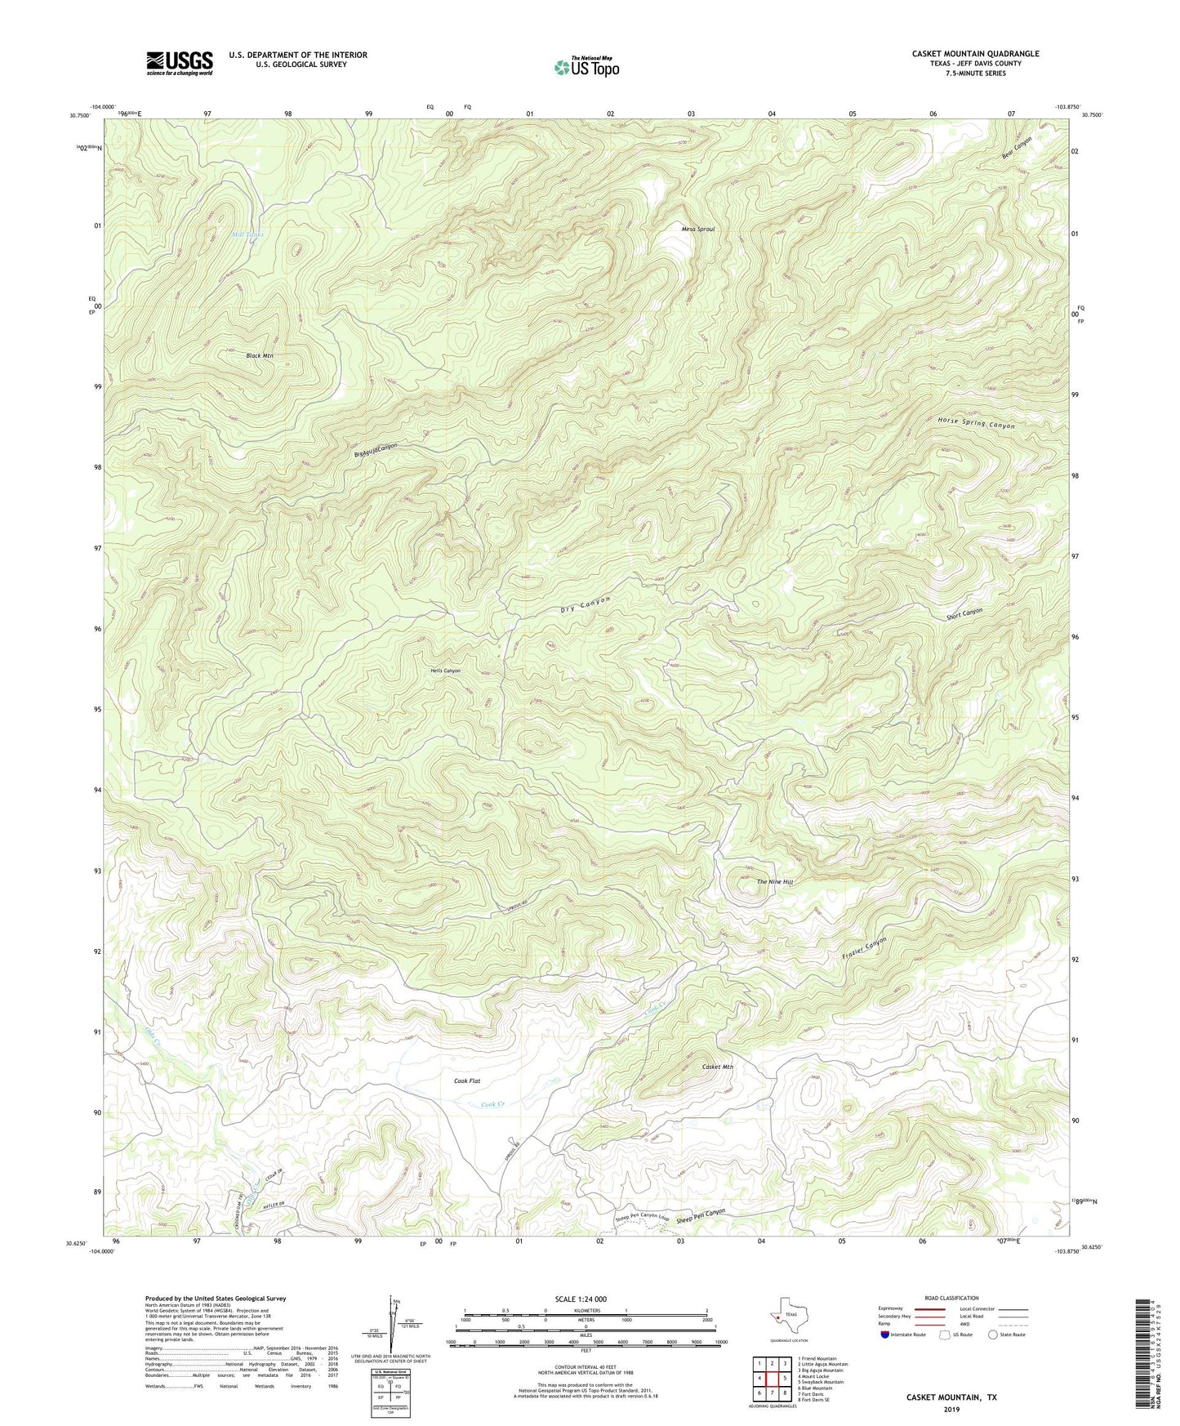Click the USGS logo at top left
click(x=179, y=63)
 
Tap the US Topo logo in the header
click(x=586, y=67)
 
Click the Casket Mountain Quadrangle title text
click(x=975, y=54)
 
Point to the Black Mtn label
click(x=259, y=356)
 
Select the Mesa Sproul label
click(x=697, y=229)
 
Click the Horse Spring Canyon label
click(x=976, y=424)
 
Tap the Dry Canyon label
click(x=586, y=604)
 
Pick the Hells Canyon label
click(x=445, y=671)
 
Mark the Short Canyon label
click(x=964, y=614)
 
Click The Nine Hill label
click(x=774, y=882)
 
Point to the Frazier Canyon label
click(x=863, y=948)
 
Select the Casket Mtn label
click(x=717, y=1067)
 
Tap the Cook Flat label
click(x=467, y=1081)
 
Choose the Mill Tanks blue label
click(x=247, y=234)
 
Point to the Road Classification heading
click(x=951, y=1298)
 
